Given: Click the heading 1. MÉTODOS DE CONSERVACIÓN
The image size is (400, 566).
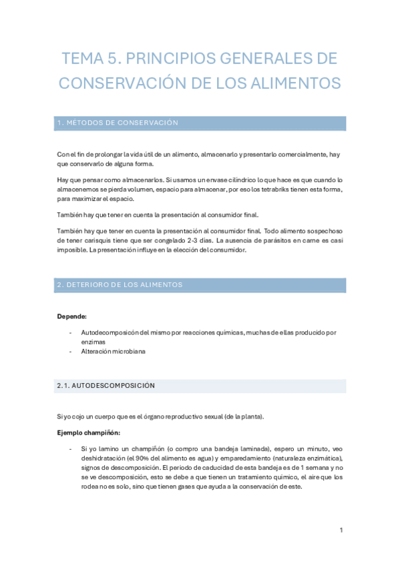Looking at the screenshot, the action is pyautogui.click(x=118, y=123).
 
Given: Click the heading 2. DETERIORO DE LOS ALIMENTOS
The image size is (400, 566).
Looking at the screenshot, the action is pyautogui.click(x=120, y=285).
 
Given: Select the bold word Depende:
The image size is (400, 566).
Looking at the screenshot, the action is pyautogui.click(x=72, y=316).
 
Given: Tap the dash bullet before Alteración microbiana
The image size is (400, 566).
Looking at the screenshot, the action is pyautogui.click(x=70, y=351).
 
